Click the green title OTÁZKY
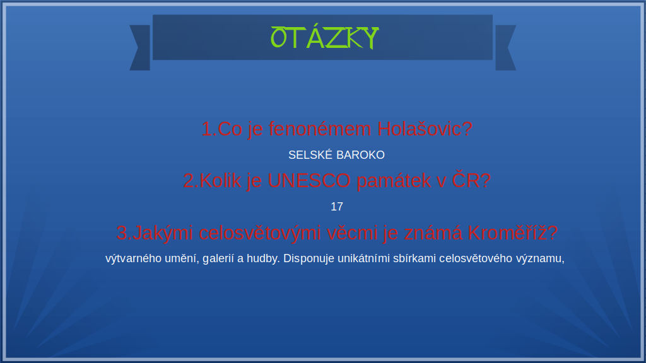pyautogui.click(x=324, y=38)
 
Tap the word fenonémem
pyautogui.click(x=320, y=129)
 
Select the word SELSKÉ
pyautogui.click(x=310, y=155)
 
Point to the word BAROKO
pyautogui.click(x=360, y=155)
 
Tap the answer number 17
pyautogui.click(x=337, y=207)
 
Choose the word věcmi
pyautogui.click(x=353, y=232)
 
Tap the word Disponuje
pyautogui.click(x=308, y=259)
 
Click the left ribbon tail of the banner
pyautogui.click(x=141, y=48)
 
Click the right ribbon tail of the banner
pyautogui.click(x=505, y=48)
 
